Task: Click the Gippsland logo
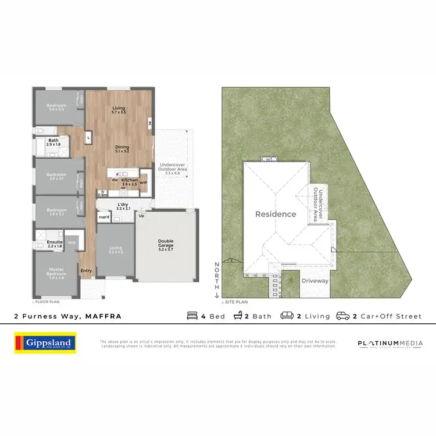[45, 344]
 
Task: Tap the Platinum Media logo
[390, 344]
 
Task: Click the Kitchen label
[129, 180]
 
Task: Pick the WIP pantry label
[144, 183]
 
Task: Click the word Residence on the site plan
[276, 214]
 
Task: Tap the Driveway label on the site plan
[315, 281]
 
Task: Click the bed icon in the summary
[191, 316]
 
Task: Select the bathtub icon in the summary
[238, 316]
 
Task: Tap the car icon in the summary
[343, 316]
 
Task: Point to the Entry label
[86, 270]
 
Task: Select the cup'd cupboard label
[105, 217]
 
